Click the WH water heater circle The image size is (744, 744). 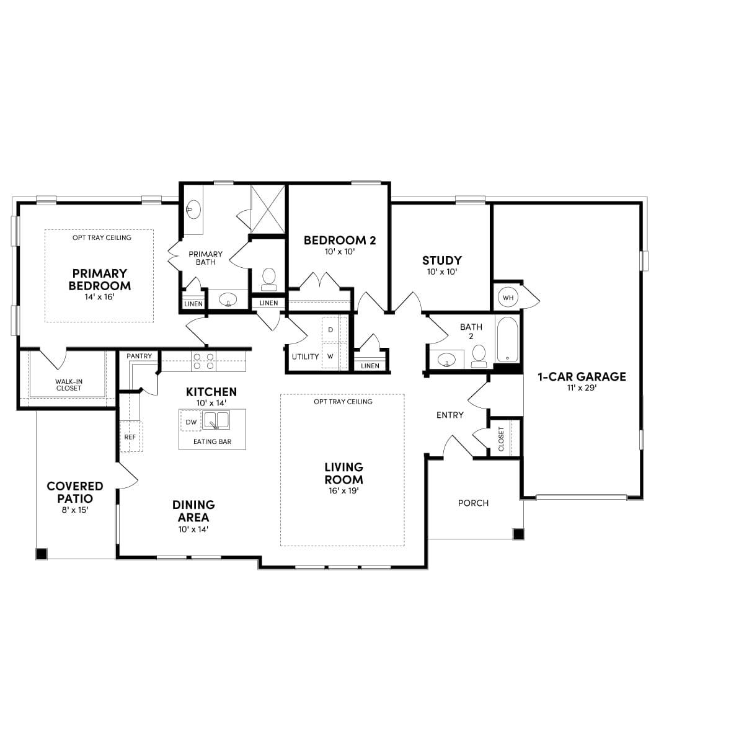(x=508, y=298)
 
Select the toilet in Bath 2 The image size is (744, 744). (x=479, y=356)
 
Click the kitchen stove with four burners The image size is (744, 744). (x=203, y=361)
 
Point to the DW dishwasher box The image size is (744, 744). (x=191, y=422)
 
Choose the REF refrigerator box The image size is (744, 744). (x=130, y=436)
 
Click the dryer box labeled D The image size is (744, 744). (x=330, y=330)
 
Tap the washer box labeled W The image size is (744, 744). (x=330, y=356)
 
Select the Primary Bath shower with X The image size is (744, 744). (x=267, y=208)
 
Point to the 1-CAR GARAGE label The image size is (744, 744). (x=582, y=376)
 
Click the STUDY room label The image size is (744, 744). (x=441, y=260)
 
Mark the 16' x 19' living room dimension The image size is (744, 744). (x=343, y=490)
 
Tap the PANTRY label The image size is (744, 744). (x=139, y=356)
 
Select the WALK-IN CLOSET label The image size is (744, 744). (x=68, y=385)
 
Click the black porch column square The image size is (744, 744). (x=518, y=534)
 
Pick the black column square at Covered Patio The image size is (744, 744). (x=42, y=554)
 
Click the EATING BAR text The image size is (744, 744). (x=212, y=441)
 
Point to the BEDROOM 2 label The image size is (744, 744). (x=340, y=241)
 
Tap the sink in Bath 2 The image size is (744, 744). (x=446, y=359)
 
